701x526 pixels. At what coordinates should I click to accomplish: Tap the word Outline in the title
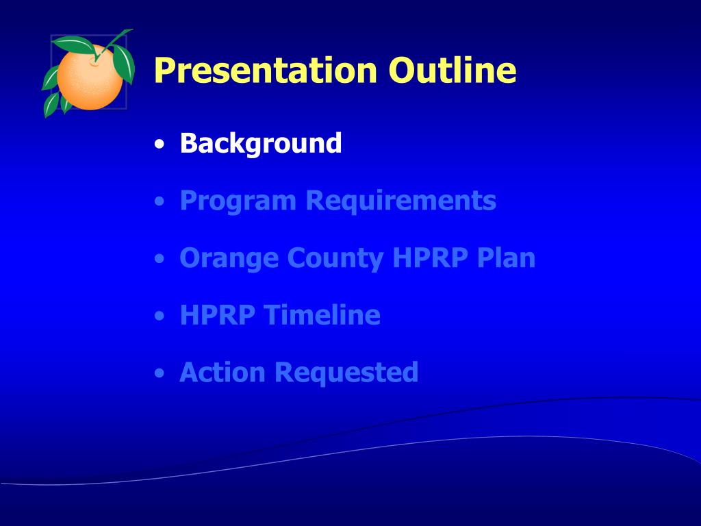pyautogui.click(x=453, y=70)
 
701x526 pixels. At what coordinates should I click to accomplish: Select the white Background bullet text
pyautogui.click(x=261, y=144)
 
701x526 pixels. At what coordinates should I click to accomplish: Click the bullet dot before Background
pyautogui.click(x=159, y=145)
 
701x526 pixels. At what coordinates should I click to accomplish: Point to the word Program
pyautogui.click(x=238, y=201)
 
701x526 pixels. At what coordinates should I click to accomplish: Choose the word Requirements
pyautogui.click(x=401, y=200)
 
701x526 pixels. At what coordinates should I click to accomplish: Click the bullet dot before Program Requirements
pyautogui.click(x=159, y=202)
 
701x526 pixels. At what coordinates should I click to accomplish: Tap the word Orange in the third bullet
pyautogui.click(x=229, y=258)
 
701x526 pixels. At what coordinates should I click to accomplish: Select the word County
pyautogui.click(x=335, y=258)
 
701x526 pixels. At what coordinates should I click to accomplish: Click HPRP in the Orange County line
pyautogui.click(x=430, y=258)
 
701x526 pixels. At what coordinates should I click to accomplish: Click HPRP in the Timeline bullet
pyautogui.click(x=218, y=315)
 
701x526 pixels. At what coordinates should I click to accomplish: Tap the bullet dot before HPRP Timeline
pyautogui.click(x=159, y=316)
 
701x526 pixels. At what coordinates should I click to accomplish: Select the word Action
pyautogui.click(x=222, y=372)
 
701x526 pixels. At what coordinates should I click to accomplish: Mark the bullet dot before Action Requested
pyautogui.click(x=159, y=373)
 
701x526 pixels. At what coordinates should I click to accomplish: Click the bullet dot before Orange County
pyautogui.click(x=159, y=259)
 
